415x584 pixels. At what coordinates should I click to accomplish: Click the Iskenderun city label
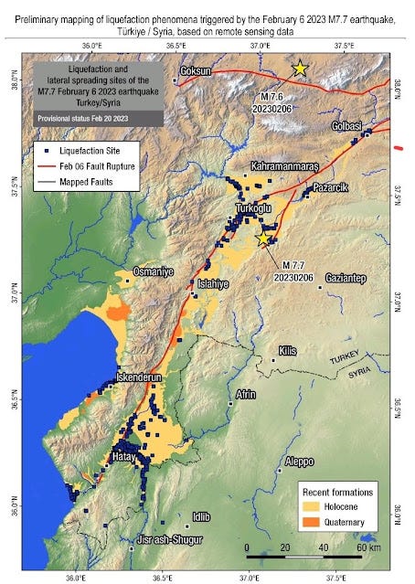(x=139, y=377)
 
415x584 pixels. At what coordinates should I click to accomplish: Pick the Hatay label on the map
(x=123, y=455)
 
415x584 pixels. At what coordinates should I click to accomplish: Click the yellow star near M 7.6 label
(x=299, y=69)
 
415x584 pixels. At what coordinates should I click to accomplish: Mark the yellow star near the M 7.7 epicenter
(x=264, y=238)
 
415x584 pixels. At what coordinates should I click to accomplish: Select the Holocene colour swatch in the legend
(x=313, y=505)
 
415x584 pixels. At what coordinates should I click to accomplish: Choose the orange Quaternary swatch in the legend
(x=313, y=522)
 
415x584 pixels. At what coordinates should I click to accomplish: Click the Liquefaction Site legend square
(x=44, y=148)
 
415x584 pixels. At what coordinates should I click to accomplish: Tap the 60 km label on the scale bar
(x=368, y=547)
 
